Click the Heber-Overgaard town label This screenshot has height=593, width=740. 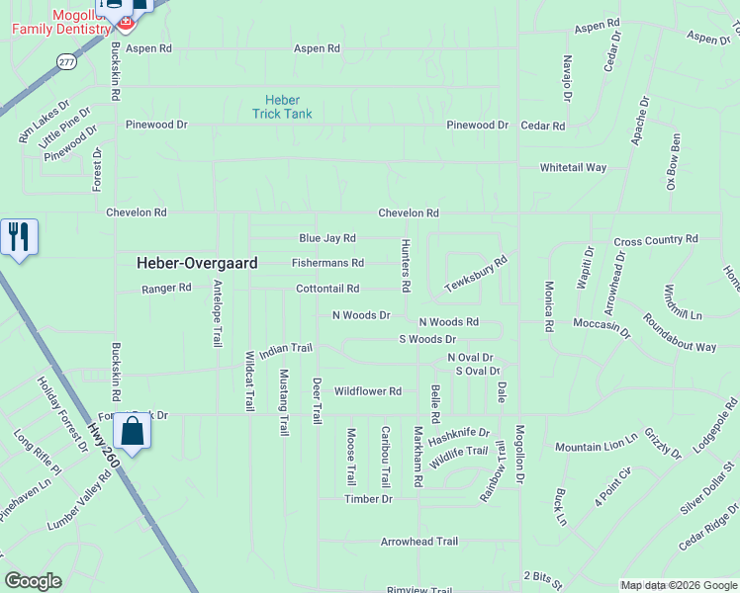pos(197,263)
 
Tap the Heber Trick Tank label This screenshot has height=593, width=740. pos(282,107)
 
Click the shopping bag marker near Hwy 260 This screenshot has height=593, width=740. pos(132,431)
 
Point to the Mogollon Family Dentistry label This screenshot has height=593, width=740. pos(60,23)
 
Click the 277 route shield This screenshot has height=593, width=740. pos(66,61)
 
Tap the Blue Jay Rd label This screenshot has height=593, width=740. pos(326,238)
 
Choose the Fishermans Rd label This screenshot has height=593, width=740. pos(327,263)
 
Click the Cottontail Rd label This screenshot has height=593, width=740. pos(326,289)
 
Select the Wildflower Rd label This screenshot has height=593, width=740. pos(367,391)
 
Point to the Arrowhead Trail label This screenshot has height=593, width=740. pos(419,542)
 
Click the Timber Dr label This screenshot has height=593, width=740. pos(368,499)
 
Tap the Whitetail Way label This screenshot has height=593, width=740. pos(573,168)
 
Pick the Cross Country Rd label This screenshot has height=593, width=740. pos(656,240)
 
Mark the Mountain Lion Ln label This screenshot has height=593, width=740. pos(597,447)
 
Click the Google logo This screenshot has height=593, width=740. pos(33,581)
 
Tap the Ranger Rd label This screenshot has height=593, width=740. pos(166,289)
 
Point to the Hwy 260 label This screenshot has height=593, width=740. pos(102,446)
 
